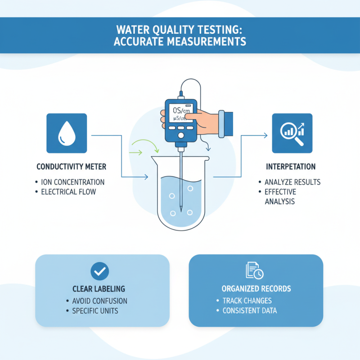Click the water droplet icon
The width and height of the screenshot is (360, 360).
pyautogui.click(x=67, y=134)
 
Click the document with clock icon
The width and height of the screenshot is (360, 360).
pyautogui.click(x=255, y=270)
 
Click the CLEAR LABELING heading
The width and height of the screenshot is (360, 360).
pyautogui.click(x=99, y=288)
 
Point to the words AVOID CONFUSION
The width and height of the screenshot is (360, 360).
pyautogui.click(x=99, y=301)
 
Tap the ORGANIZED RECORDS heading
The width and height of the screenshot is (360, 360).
pyautogui.click(x=256, y=288)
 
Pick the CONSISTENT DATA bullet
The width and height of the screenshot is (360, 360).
pyautogui.click(x=250, y=311)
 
